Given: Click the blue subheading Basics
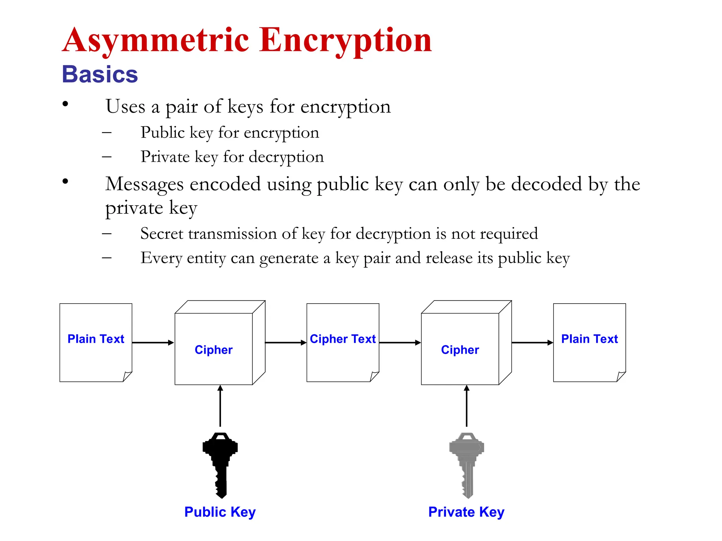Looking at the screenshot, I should click(100, 75).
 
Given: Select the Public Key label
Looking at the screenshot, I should click(220, 512).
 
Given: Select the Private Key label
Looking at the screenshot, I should click(466, 512).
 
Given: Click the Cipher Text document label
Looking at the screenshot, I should click(343, 339).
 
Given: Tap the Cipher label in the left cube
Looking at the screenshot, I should click(214, 350).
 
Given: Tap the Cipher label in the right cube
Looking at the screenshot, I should click(460, 350).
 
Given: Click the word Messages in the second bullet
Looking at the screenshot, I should click(148, 184).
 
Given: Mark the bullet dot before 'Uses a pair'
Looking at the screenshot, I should click(65, 104).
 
